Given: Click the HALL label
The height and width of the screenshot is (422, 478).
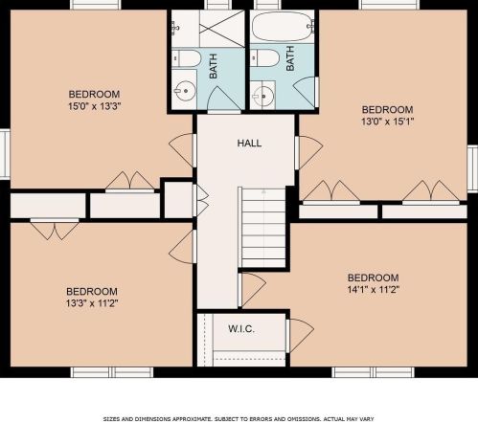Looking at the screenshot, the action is (249, 143).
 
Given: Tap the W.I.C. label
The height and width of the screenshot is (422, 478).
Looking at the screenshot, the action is (241, 329).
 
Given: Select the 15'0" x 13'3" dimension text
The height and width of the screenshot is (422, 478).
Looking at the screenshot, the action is (95, 106).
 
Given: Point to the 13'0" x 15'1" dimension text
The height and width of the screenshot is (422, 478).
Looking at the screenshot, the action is (388, 122).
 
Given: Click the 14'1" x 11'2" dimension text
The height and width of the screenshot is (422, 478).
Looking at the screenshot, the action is (374, 289).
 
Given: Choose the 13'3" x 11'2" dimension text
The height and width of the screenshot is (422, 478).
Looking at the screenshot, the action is (92, 302).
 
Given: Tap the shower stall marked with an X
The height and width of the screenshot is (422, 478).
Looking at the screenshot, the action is (222, 29).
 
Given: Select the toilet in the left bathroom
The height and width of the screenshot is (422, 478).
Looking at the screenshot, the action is (186, 58).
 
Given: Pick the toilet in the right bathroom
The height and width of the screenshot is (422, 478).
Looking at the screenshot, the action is (264, 57).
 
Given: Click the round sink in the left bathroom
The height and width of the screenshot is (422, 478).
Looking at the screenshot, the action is (185, 91).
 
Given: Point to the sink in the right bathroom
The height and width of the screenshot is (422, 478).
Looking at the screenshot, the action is (263, 96).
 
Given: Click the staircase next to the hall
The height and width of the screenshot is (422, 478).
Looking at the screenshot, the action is (263, 228).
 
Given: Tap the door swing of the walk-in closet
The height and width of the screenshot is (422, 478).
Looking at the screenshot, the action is (300, 335).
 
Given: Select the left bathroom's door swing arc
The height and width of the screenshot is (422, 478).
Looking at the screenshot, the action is (224, 99).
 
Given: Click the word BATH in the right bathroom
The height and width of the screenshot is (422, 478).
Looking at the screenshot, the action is (290, 58).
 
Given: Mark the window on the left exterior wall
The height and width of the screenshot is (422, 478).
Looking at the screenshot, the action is (5, 154).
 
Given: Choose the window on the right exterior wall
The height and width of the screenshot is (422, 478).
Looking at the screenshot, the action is (473, 168).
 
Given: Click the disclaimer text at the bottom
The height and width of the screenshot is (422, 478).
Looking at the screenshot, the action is (239, 418).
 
